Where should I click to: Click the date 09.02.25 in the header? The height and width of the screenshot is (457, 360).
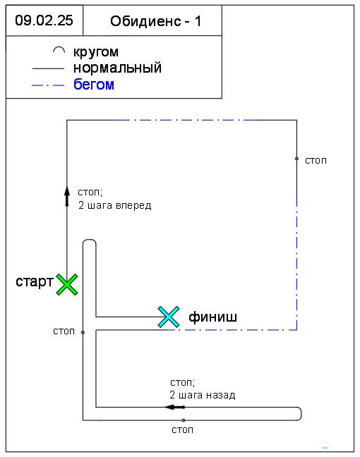point(44,20)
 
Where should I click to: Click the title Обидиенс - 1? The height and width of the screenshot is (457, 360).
point(156,21)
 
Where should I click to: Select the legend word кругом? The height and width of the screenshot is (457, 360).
point(96,52)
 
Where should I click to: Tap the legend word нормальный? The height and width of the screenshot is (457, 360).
point(118,68)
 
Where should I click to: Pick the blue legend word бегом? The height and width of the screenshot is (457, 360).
point(94,85)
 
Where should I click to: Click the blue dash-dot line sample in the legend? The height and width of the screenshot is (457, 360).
point(48,85)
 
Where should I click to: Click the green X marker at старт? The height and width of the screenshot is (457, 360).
point(67,284)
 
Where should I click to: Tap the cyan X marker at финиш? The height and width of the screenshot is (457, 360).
point(169,317)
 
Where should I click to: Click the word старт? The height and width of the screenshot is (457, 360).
point(35,281)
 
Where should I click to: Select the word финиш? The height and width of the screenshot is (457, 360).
point(212,317)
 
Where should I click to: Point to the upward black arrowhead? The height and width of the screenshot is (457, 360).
point(67,192)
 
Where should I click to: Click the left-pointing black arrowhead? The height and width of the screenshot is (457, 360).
point(169,407)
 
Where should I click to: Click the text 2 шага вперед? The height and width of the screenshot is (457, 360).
point(114,205)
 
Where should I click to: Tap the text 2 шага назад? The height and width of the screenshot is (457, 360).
point(202,395)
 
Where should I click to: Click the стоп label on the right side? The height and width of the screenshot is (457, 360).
point(316,161)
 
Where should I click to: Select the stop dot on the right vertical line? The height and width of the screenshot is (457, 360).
point(296,159)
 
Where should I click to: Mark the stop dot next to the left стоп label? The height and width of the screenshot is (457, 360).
point(83,332)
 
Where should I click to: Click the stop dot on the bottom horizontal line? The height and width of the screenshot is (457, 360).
point(184,420)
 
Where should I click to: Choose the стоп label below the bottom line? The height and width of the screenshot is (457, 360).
point(182,430)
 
